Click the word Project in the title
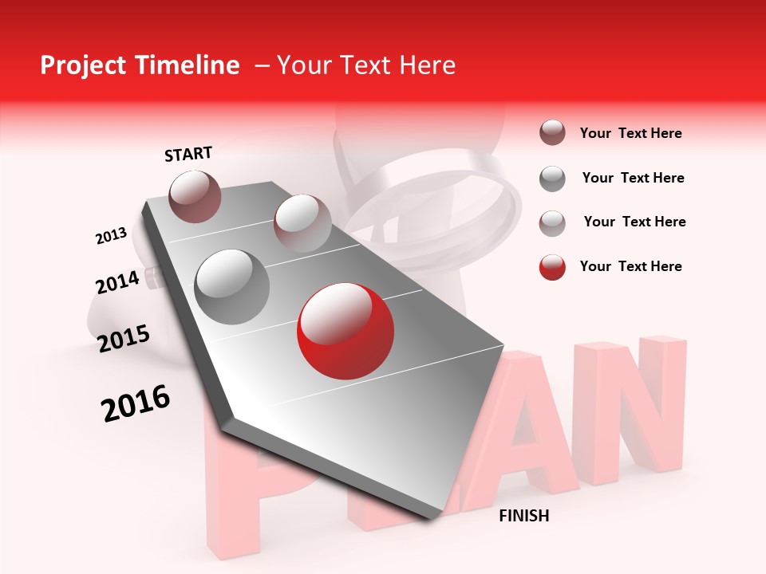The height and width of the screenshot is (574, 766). [x=82, y=66]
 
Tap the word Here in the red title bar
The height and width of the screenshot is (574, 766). [x=427, y=65]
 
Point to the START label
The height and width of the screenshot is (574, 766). [x=188, y=154]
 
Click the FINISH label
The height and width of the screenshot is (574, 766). [x=523, y=516]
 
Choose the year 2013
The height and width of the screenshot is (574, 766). [x=111, y=236]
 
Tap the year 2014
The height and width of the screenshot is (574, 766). [x=117, y=281]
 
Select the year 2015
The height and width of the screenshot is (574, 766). [x=124, y=339]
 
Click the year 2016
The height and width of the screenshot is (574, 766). [x=136, y=403]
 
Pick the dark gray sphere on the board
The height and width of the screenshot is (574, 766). [x=232, y=286]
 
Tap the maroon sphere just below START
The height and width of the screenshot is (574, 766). [x=195, y=196]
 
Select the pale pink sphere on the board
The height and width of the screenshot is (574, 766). [x=302, y=223]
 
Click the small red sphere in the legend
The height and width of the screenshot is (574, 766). [x=552, y=267]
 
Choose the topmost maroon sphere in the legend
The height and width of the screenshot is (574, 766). [x=552, y=133]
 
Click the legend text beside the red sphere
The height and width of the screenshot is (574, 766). [x=630, y=266]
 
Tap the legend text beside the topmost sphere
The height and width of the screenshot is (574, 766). [x=630, y=133]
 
